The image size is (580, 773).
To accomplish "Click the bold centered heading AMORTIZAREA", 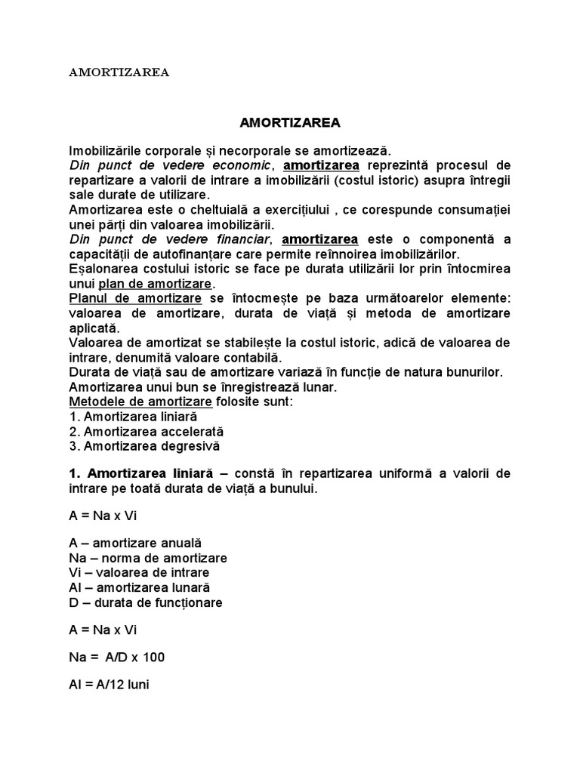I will [290, 122].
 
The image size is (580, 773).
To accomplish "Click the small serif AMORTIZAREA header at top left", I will [119, 73].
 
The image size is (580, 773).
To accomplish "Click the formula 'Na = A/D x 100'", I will [116, 658].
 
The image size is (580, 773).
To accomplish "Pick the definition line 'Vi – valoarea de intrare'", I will [134, 572].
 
